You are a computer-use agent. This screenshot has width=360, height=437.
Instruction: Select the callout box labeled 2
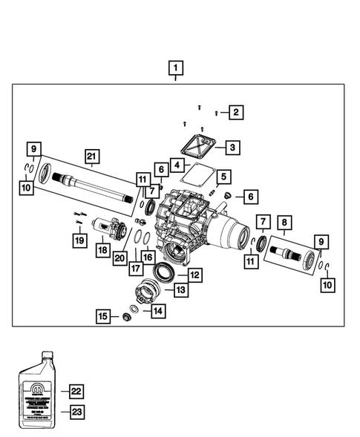(x=236, y=112)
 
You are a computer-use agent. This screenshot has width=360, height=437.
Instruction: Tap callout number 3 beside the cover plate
(x=233, y=148)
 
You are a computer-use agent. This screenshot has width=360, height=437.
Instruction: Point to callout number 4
(x=177, y=164)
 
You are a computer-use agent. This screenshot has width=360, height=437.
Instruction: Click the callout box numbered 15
(x=104, y=317)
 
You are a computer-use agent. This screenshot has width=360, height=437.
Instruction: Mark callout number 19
(x=77, y=240)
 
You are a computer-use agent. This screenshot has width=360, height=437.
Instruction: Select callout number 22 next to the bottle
(x=75, y=390)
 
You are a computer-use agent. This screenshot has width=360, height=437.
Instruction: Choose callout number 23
(x=75, y=410)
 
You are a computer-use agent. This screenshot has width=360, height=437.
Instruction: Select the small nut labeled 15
(x=127, y=318)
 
